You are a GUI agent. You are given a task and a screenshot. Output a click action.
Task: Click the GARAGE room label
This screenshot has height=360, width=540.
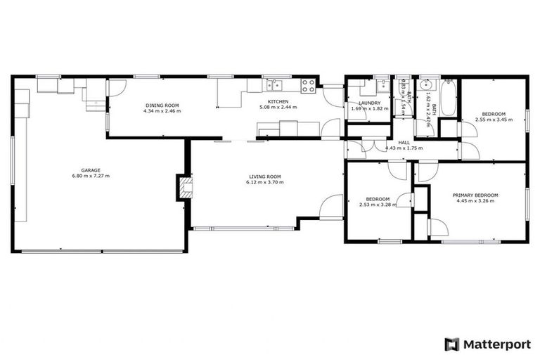(x=90, y=169)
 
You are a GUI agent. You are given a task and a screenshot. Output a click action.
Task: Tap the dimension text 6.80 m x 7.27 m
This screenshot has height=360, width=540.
(x=90, y=175)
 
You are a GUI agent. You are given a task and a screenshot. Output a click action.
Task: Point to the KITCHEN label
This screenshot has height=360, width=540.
(x=278, y=101)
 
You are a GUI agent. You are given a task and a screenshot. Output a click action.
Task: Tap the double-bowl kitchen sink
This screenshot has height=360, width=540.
(x=274, y=86)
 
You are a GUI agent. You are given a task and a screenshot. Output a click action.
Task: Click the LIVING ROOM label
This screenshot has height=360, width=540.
(x=264, y=176)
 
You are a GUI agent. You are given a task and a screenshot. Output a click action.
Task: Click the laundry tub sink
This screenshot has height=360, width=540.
(x=382, y=86)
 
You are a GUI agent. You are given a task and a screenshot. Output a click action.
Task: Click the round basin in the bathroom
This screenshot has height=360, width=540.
(x=424, y=86)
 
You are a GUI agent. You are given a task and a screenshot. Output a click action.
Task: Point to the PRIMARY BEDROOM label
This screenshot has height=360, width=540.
(x=476, y=195)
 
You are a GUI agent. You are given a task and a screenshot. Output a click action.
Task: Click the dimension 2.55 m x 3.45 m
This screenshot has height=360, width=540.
(x=493, y=120)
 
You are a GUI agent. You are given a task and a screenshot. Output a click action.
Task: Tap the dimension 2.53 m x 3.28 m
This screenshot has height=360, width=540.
(x=378, y=205)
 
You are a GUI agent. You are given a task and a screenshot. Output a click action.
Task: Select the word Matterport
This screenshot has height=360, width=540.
(x=496, y=344)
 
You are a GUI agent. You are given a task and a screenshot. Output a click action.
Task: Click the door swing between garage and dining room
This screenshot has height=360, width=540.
(x=116, y=87)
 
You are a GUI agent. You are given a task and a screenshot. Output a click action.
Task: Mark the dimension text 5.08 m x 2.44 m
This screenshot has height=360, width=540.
(x=278, y=107)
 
